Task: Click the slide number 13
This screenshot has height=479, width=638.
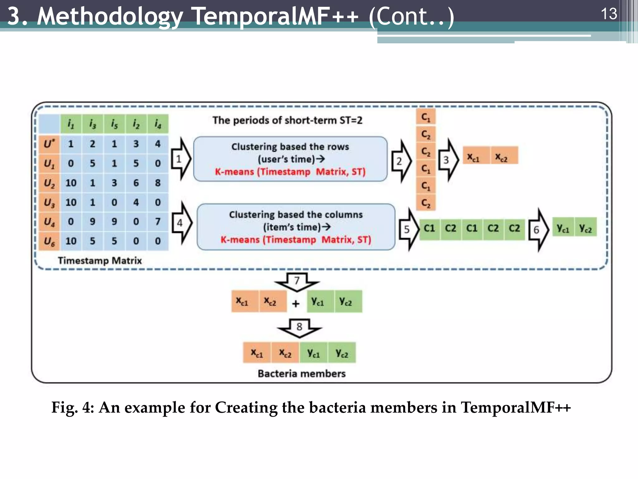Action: click(x=608, y=14)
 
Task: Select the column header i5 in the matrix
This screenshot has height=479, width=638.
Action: click(x=114, y=124)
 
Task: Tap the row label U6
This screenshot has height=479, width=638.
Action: click(x=49, y=241)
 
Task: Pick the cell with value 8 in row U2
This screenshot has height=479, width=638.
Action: click(x=158, y=183)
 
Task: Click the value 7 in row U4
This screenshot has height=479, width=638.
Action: click(x=158, y=221)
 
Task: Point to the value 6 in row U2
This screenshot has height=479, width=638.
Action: click(x=136, y=183)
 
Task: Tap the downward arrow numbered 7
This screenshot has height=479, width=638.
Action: click(x=297, y=282)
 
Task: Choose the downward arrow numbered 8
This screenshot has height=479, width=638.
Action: click(x=299, y=328)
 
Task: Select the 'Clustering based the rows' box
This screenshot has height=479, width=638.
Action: click(x=290, y=159)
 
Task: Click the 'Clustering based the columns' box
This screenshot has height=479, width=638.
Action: click(x=296, y=227)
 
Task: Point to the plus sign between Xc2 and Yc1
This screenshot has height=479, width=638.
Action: click(x=296, y=303)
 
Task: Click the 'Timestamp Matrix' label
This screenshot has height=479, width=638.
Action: click(x=100, y=261)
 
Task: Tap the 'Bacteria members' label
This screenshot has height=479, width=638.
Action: click(x=302, y=374)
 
